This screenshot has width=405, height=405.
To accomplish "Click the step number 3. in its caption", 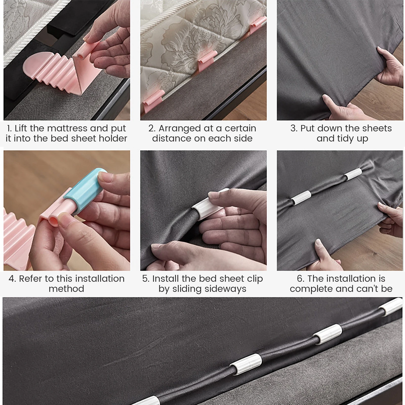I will click(x=294, y=129).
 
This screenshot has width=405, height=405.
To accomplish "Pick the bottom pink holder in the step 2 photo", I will click(x=153, y=103).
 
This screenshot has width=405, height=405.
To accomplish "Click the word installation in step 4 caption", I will click(x=98, y=279).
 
